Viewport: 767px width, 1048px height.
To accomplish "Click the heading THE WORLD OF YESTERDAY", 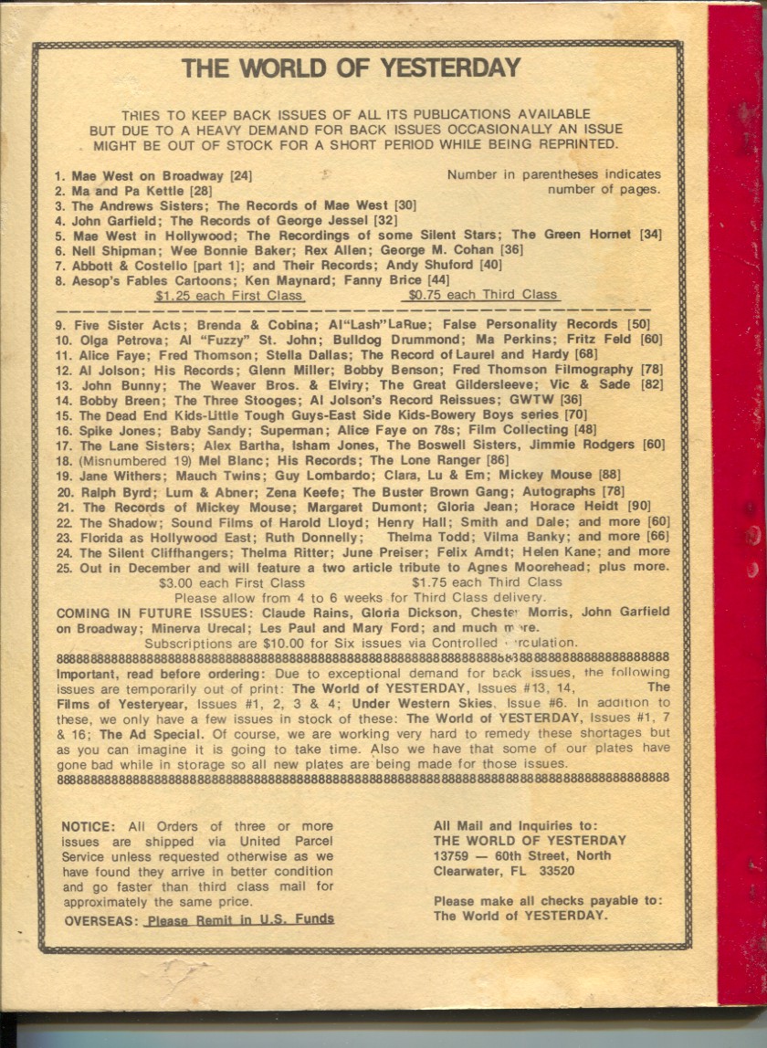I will pyautogui.click(x=351, y=68).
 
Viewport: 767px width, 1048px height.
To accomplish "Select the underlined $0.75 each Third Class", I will pyautogui.click(x=482, y=295).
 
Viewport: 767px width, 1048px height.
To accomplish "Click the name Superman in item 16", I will pyautogui.click(x=318, y=429).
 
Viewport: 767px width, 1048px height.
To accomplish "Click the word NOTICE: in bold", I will pyautogui.click(x=89, y=826).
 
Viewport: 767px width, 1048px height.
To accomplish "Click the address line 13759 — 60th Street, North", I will pyautogui.click(x=522, y=855).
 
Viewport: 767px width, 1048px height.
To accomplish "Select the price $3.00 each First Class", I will pyautogui.click(x=232, y=582).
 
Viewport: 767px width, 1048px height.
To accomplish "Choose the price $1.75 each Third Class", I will pyautogui.click(x=487, y=582).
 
